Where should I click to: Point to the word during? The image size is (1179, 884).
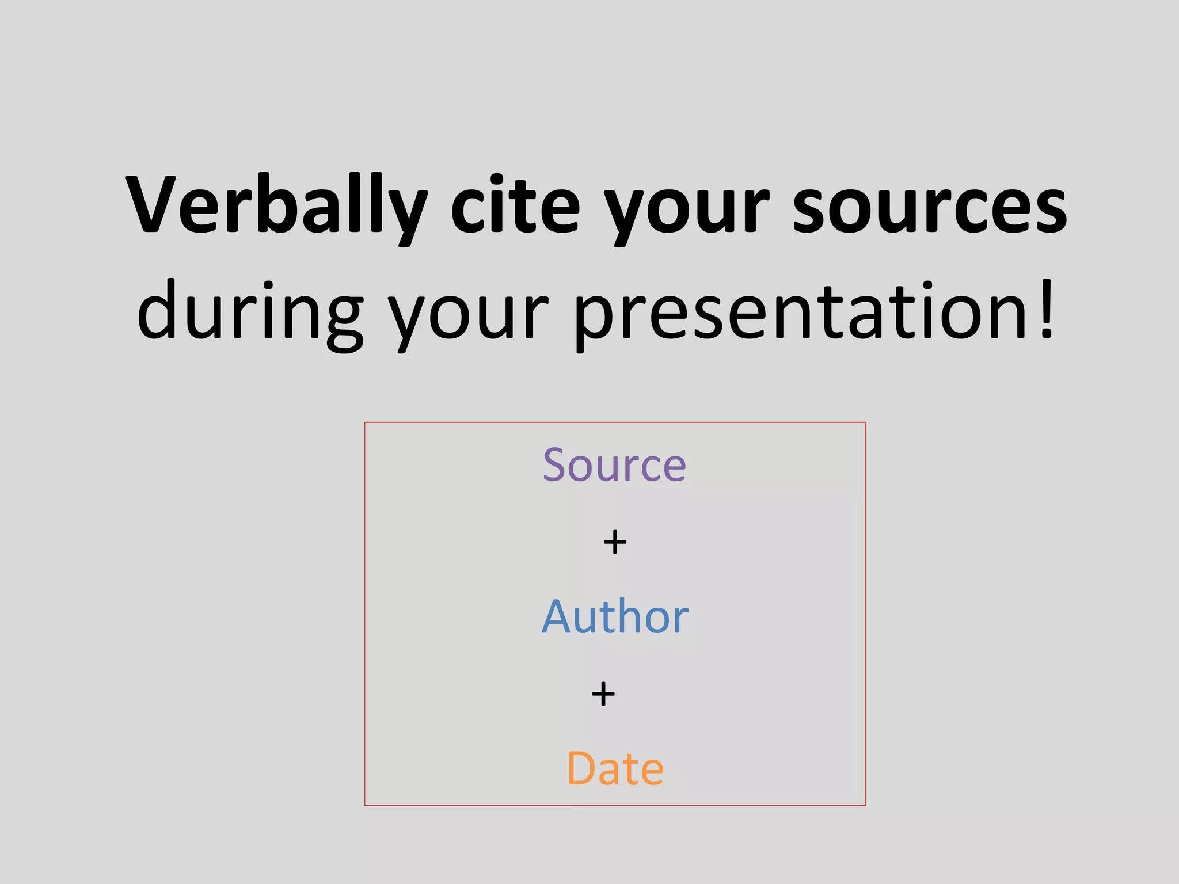(x=250, y=314)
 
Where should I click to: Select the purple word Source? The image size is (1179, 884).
(x=614, y=465)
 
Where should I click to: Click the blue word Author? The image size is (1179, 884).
(x=615, y=616)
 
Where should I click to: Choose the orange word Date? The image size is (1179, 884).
(x=615, y=768)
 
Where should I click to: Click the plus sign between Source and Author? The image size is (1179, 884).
(x=615, y=542)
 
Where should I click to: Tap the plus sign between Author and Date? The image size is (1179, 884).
(x=603, y=694)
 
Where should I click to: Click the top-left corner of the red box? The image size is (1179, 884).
(x=365, y=423)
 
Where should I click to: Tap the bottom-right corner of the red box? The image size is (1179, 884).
(x=865, y=805)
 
